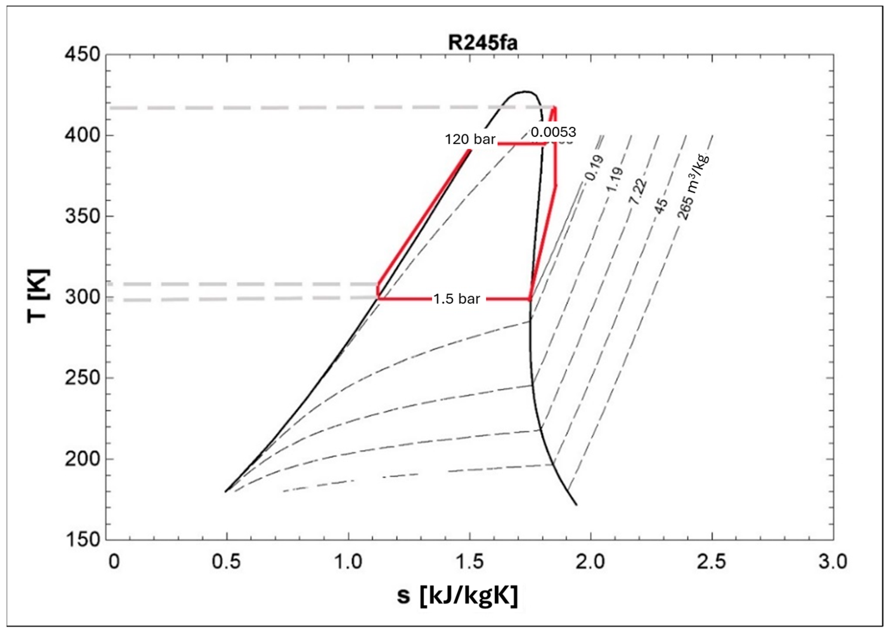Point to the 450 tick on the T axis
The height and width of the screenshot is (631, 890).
[x=82, y=55]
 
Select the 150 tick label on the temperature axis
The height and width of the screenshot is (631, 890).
[x=82, y=540]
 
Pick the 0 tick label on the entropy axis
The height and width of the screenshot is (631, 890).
[x=114, y=562]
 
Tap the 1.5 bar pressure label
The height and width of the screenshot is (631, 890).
[x=457, y=299]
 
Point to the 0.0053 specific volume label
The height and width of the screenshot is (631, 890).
[x=553, y=133]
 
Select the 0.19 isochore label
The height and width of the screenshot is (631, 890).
[x=594, y=168]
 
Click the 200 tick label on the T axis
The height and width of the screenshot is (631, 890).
[x=82, y=459]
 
